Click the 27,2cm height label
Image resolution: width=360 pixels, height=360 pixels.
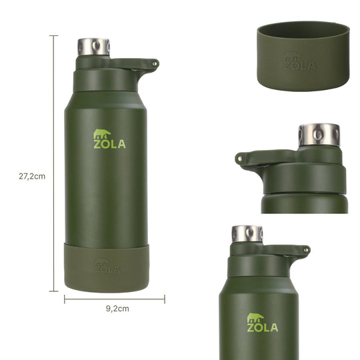coord(32,176)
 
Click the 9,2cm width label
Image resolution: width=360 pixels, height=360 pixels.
coord(117,309)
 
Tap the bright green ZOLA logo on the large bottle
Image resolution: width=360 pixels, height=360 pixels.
coord(109,139)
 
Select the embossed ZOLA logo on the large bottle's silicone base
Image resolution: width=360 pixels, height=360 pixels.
coord(107,266)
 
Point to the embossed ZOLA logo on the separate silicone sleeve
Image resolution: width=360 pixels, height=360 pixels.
coord(299,61)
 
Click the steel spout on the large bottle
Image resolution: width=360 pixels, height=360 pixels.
coord(94,47)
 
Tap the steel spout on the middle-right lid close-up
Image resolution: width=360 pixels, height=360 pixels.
coord(319,135)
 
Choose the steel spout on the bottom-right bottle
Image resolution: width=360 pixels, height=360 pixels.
coord(247,234)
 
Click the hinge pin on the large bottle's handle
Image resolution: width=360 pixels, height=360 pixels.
coord(155,63)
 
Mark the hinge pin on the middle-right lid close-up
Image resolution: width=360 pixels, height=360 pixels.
coord(240,158)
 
